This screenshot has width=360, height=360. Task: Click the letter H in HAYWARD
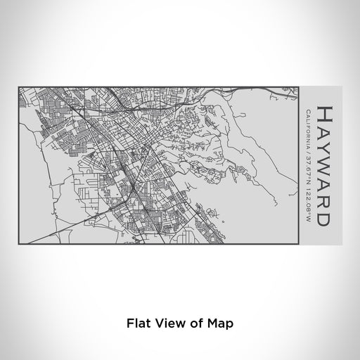(325, 113)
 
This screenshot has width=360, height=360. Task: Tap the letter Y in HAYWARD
(325, 146)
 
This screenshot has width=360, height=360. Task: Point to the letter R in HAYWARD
(325, 200)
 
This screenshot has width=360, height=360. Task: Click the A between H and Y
(325, 129)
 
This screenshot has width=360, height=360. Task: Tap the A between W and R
(325, 184)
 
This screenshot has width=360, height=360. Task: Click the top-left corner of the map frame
(18, 87)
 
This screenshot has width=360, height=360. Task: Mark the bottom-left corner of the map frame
(18, 243)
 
